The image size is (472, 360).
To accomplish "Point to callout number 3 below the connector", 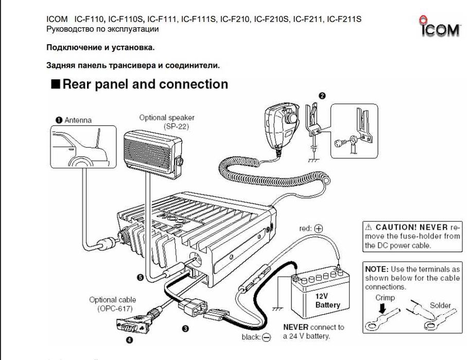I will click(x=185, y=328).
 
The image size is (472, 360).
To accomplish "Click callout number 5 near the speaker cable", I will click(x=139, y=277).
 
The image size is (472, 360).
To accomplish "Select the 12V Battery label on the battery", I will click(x=328, y=300).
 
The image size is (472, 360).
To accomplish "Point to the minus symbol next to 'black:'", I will click(x=266, y=338).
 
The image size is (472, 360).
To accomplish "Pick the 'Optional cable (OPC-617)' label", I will click(x=113, y=304).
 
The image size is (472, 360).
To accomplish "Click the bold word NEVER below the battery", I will click(x=296, y=327).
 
